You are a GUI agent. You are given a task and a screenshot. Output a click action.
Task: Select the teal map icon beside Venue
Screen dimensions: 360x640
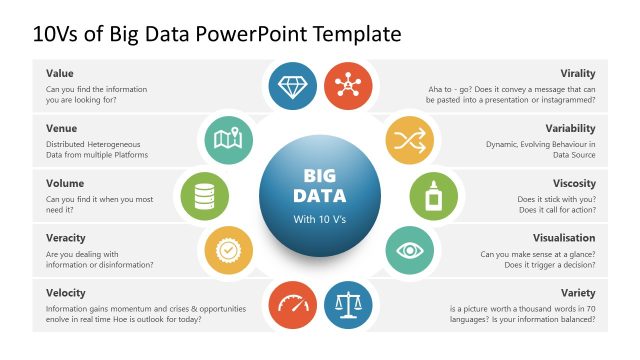[227, 139]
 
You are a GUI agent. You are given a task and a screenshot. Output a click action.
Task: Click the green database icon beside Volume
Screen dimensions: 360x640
[204, 193]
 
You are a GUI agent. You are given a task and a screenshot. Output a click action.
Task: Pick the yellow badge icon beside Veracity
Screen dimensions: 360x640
[227, 247]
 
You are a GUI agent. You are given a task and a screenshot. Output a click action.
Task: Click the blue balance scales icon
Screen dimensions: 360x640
[348, 301]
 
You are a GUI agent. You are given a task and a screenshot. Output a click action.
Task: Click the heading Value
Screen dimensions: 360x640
[60, 73]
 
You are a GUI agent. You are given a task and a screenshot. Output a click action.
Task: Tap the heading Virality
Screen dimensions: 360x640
[578, 73]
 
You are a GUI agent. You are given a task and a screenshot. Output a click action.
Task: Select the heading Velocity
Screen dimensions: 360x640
[65, 292]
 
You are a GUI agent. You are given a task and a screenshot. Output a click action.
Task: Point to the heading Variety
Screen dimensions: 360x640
[577, 292]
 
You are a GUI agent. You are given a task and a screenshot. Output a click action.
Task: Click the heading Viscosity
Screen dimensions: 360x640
[574, 183]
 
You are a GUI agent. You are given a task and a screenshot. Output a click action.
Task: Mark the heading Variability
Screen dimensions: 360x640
[570, 128]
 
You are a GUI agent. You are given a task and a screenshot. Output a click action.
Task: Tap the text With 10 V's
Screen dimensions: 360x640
[319, 218]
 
